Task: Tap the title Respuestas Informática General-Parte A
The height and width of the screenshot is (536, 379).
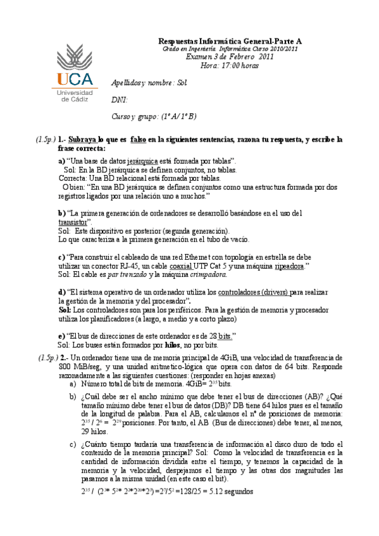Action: [x=230, y=40]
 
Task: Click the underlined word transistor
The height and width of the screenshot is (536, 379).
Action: [x=72, y=222]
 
